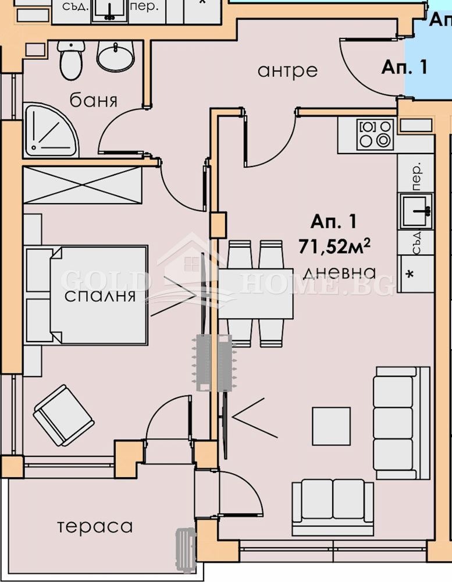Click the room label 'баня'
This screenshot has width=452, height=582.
(93, 100)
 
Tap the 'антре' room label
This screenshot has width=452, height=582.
(287, 70)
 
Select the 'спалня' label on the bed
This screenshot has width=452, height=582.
(99, 296)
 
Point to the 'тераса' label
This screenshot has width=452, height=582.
(95, 527)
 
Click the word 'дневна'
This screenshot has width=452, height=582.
(339, 272)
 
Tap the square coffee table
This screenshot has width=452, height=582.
(331, 425)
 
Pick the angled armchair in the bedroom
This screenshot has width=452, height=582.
(62, 415)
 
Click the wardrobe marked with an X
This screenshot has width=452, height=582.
(82, 185)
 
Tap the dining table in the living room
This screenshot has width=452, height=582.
(256, 294)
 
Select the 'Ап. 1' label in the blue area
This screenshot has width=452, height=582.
(404, 67)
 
